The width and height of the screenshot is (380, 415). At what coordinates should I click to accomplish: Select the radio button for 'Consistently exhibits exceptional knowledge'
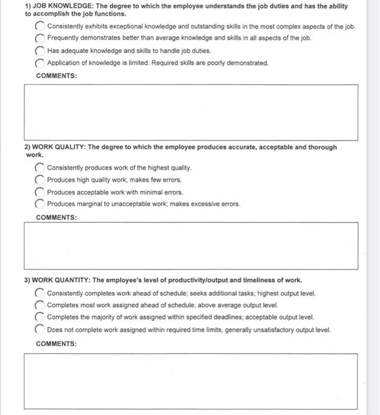coord(40,27)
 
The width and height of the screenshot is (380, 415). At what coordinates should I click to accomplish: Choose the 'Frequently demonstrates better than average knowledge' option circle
coord(40,39)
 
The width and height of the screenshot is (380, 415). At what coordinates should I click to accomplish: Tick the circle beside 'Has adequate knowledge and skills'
coord(40,51)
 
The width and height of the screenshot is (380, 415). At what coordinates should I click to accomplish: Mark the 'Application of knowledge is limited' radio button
coord(40,63)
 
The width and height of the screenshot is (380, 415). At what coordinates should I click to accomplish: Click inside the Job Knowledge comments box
coord(191,112)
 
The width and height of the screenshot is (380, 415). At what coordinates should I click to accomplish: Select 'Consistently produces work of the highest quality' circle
coord(40,168)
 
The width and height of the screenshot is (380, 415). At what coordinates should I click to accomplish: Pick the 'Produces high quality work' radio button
coord(40,180)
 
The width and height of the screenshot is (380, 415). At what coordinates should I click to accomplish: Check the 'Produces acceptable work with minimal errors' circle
coord(40,192)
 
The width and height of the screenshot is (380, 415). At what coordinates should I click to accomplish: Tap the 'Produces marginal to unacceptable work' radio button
coord(40,204)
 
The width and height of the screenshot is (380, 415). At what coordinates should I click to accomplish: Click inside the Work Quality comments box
coord(191,245)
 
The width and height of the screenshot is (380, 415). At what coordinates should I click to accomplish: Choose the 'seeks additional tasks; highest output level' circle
coord(40,293)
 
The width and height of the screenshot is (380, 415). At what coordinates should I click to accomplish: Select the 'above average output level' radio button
coord(40,305)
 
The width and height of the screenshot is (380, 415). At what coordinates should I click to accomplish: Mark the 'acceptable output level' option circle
coord(40,317)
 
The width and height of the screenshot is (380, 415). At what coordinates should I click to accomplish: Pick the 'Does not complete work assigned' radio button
coord(40,330)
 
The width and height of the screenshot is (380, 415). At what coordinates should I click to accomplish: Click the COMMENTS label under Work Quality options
coord(56,218)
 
